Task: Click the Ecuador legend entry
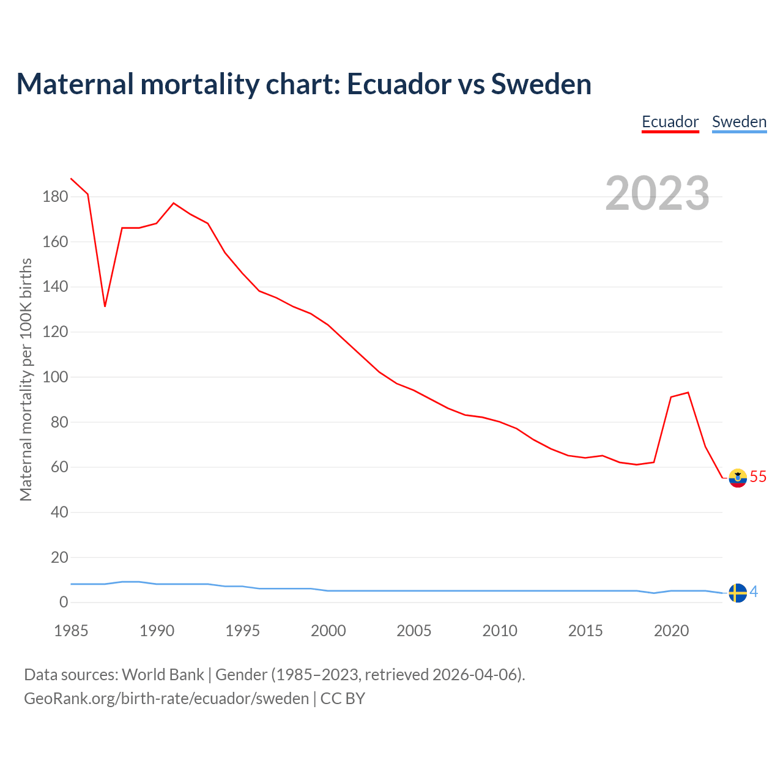point(670,122)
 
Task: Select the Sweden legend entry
point(739,122)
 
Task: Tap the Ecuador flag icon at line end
point(738,478)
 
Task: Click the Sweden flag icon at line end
point(738,593)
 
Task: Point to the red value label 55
point(758,477)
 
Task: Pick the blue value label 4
point(754,592)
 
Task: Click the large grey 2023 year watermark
point(657,193)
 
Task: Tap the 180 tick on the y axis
point(55,197)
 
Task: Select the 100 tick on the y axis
point(55,377)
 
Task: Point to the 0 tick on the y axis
point(64,603)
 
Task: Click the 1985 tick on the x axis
point(71,631)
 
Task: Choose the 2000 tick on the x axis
point(328,631)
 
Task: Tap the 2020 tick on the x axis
point(671,631)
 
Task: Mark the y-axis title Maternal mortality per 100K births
point(26,379)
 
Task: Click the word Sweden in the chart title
point(541,84)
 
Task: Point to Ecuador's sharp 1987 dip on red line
point(105,306)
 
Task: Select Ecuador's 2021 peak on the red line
point(688,393)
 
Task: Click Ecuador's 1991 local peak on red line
point(174,203)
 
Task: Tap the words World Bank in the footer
point(163,675)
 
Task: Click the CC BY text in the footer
point(343,699)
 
